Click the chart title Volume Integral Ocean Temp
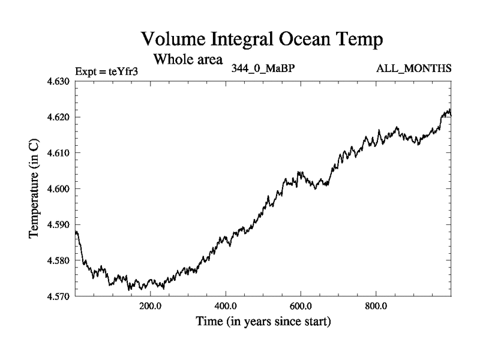point(261,40)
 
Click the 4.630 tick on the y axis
point(59,81)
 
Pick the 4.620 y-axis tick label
point(59,117)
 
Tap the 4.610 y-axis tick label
point(59,153)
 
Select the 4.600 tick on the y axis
point(59,189)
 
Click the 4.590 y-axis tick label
point(59,225)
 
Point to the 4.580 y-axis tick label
point(59,261)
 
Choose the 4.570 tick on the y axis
point(59,296)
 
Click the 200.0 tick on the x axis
point(150,306)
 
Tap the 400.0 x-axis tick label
point(226,306)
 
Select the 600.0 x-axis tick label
point(301,306)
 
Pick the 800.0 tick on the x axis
point(376,306)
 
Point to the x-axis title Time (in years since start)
point(263,322)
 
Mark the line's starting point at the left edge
point(76,232)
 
